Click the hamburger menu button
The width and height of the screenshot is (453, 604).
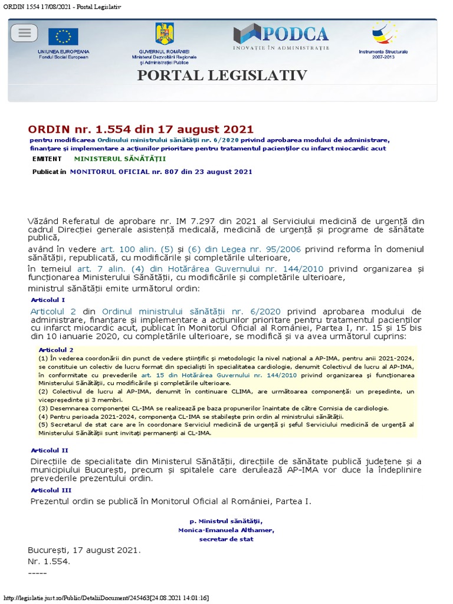pos(24,33)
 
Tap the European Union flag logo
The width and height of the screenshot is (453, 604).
pos(63,37)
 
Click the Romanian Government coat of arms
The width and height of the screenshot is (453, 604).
pos(164,34)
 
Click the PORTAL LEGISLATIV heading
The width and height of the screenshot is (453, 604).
pos(222,75)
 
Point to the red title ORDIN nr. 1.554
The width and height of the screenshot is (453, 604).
pos(140,129)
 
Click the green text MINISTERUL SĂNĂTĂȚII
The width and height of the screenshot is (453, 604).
pos(120,159)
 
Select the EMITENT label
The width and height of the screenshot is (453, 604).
pos(47,159)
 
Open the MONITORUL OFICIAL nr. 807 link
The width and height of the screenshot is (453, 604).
pos(161,172)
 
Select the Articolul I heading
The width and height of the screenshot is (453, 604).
pos(48,300)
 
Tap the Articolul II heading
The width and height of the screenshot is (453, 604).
pos(49,450)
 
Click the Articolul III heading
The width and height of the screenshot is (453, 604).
pos(51,490)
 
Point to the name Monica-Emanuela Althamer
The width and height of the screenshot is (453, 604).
pos(226,530)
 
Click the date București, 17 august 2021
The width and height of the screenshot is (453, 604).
pos(84,550)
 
